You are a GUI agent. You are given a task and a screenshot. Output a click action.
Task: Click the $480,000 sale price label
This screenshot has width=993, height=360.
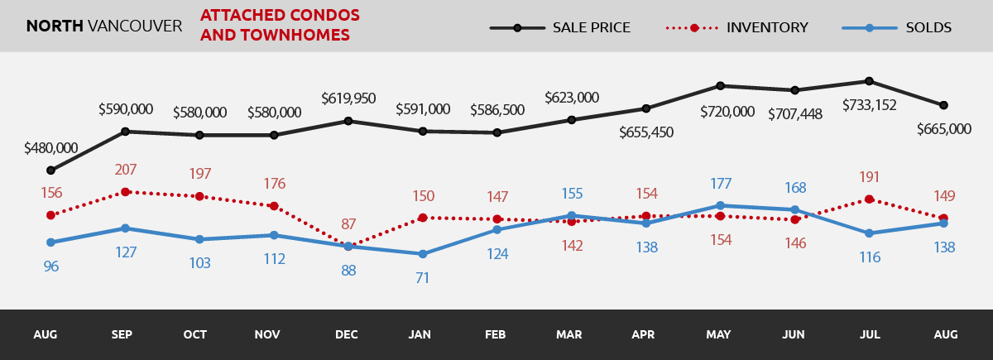point(51,148)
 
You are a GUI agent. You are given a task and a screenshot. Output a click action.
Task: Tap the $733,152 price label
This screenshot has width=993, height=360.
point(869,105)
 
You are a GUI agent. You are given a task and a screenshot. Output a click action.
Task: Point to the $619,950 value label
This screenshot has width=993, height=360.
point(348,98)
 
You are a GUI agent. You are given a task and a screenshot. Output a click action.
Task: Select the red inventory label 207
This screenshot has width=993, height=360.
point(126,170)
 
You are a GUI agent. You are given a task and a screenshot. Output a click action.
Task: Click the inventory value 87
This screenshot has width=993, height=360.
point(348,224)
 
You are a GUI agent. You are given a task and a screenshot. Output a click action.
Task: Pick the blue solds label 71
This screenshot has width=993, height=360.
point(423,278)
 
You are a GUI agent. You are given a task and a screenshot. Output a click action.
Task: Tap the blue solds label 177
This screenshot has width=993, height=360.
point(720,183)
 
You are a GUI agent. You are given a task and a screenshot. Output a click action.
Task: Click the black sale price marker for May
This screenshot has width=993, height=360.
point(720,85)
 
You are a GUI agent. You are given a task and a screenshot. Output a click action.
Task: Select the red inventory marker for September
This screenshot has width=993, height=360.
point(125,192)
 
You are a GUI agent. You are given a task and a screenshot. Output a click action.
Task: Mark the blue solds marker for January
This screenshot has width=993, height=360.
point(423,254)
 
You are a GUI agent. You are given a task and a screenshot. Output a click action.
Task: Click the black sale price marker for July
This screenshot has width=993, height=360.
point(869,81)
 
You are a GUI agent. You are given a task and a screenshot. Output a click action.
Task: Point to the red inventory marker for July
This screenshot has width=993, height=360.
point(869,199)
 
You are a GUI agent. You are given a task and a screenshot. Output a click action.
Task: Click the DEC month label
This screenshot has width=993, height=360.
point(347,335)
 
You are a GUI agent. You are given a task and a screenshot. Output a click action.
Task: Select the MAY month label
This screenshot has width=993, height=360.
point(718,335)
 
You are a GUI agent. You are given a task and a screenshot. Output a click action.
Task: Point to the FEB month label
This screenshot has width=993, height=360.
point(496,335)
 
